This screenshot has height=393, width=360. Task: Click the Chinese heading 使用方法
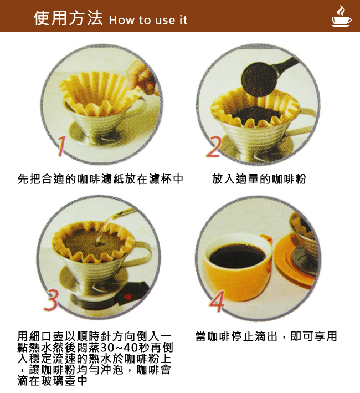tap(68, 18)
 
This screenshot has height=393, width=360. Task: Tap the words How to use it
tap(148, 20)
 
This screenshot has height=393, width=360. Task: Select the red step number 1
tap(61, 146)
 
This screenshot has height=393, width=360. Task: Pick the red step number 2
tap(214, 147)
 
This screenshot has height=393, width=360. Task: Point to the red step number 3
tap(52, 300)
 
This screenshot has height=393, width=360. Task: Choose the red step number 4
tap(217, 302)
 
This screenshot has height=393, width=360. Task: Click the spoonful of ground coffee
tap(259, 79)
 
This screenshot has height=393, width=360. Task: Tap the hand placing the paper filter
tap(142, 76)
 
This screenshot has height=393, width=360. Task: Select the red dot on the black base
tap(128, 297)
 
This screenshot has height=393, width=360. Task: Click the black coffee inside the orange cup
tap(237, 256)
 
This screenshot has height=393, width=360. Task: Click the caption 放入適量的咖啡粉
tap(259, 179)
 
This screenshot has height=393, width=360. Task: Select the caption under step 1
tap(100, 179)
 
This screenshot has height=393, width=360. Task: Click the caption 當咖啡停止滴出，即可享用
tap(266, 336)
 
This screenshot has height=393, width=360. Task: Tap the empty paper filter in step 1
tap(100, 93)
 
